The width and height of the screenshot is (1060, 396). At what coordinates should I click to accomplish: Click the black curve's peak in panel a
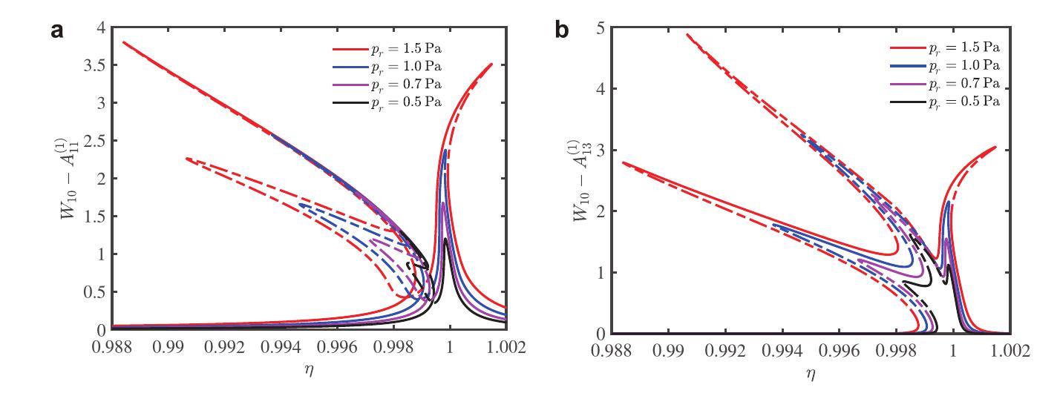tap(445, 239)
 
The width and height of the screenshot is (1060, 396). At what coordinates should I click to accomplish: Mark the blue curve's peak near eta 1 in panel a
tap(445, 151)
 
